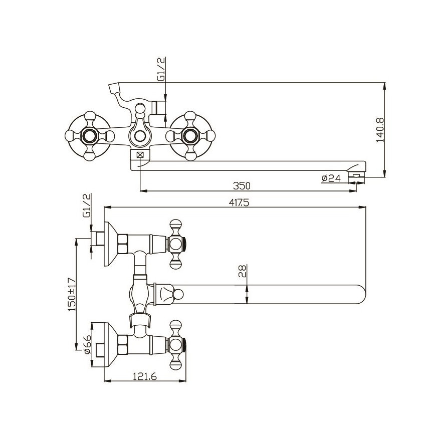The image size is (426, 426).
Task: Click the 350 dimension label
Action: click(x=242, y=186)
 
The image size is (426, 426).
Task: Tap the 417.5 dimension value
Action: click(x=239, y=202)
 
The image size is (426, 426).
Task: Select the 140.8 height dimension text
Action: click(x=380, y=130)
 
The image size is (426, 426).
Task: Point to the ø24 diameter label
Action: click(x=331, y=178)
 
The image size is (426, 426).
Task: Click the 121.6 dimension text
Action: click(x=145, y=376)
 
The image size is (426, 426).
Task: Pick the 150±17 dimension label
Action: click(x=72, y=295)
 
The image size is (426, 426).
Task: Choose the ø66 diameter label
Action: click(x=88, y=344)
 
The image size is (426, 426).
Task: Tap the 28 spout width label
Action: click(x=242, y=271)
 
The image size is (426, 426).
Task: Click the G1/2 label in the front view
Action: click(x=161, y=69)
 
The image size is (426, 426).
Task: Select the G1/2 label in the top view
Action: click(x=86, y=205)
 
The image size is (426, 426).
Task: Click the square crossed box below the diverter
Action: click(x=140, y=155)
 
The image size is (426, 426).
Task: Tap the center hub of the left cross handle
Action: click(x=90, y=136)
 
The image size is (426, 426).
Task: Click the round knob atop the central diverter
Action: click(x=140, y=109)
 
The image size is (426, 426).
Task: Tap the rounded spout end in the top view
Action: click(x=360, y=294)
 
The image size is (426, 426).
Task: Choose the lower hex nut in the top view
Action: click(x=122, y=345)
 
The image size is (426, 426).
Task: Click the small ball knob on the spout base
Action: click(x=178, y=294)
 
